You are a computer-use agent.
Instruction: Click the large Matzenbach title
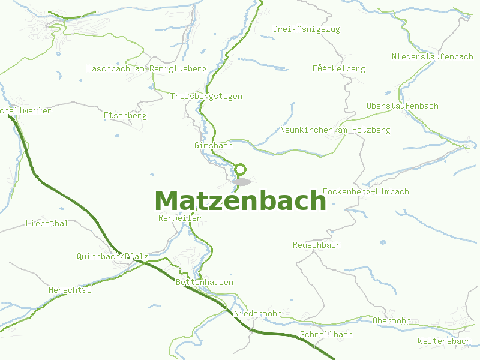point(240,201)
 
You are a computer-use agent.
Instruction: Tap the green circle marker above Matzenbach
point(241,169)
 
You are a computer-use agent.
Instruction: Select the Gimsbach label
point(213,146)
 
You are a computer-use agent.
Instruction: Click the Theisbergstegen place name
point(206,96)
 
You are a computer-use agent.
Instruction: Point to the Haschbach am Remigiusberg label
point(146,69)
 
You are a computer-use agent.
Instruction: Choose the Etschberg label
point(125,115)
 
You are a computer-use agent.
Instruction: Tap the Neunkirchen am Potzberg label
point(335,130)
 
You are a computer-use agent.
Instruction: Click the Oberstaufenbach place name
point(402,106)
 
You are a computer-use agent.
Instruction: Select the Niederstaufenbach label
point(432,56)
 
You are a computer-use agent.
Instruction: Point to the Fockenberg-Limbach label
point(365,191)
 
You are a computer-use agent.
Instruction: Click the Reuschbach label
point(316,245)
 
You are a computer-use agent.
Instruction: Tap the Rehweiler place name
point(179,218)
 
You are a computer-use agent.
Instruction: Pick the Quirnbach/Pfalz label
point(112,256)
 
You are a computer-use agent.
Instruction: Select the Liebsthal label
point(47,223)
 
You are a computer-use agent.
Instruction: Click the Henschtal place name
point(70,290)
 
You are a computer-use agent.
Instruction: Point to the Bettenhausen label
point(205,282)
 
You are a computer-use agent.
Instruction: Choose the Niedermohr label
point(257,314)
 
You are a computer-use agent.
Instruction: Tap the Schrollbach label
point(326,334)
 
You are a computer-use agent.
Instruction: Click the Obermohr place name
point(391,321)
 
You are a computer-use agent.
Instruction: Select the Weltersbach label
point(444,341)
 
